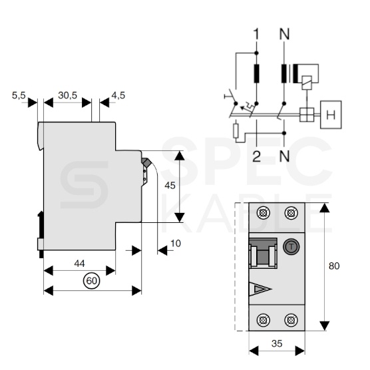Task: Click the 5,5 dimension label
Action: coord(19,95)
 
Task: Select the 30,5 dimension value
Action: coord(68,95)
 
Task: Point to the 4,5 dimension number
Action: coord(118,95)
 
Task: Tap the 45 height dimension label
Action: coord(170,186)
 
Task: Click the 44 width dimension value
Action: coord(79,264)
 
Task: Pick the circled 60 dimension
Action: coord(92,281)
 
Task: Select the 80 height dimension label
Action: coord(334,266)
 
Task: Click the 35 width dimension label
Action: coord(277,343)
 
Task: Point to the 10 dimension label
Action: coord(176,244)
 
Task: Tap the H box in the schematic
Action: coord(331,114)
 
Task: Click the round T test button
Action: coord(291,247)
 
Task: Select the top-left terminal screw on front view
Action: coord(263,213)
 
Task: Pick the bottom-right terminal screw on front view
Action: coord(291,320)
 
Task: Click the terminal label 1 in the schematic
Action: coord(256,34)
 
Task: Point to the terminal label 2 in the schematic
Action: coord(256,156)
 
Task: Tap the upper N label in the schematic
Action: coord(284,34)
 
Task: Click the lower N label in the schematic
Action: coord(284,156)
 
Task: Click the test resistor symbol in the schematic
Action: coord(236,130)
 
